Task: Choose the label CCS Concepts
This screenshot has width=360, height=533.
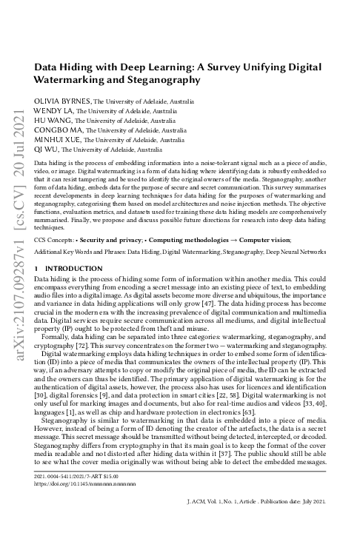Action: (x=59, y=219)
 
